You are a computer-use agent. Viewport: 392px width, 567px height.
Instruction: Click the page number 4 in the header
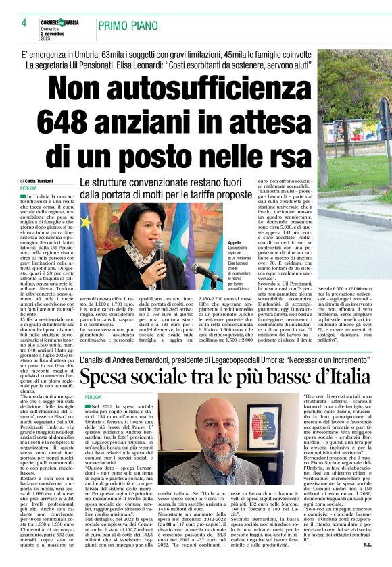tap(24, 22)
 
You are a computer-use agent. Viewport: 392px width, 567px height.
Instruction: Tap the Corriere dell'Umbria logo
tap(62, 22)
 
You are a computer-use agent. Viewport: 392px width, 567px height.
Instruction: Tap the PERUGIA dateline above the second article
tap(94, 397)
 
